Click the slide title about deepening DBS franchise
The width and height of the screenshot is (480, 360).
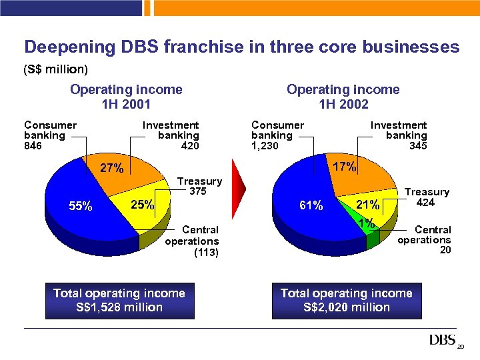click(x=241, y=47)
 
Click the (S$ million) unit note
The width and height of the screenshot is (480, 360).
click(x=56, y=69)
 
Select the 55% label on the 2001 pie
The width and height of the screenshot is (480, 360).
click(x=81, y=207)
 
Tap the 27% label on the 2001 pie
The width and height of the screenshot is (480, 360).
click(x=112, y=168)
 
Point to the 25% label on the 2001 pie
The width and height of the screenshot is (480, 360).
click(x=142, y=205)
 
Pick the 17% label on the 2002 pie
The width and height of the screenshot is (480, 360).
click(x=344, y=167)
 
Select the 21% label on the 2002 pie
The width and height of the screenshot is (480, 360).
click(x=367, y=204)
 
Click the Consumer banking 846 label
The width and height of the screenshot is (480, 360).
click(x=50, y=135)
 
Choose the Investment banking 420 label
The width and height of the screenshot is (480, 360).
click(x=171, y=135)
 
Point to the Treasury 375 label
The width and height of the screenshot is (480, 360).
click(x=199, y=186)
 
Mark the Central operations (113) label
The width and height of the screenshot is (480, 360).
click(x=192, y=241)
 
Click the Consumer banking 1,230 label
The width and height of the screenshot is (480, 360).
click(x=277, y=135)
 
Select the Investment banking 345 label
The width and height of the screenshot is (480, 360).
click(x=399, y=135)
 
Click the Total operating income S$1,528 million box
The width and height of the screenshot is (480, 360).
click(x=119, y=300)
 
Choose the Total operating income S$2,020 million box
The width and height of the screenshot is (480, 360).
click(x=347, y=300)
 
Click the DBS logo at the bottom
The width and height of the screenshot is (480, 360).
click(x=443, y=340)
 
